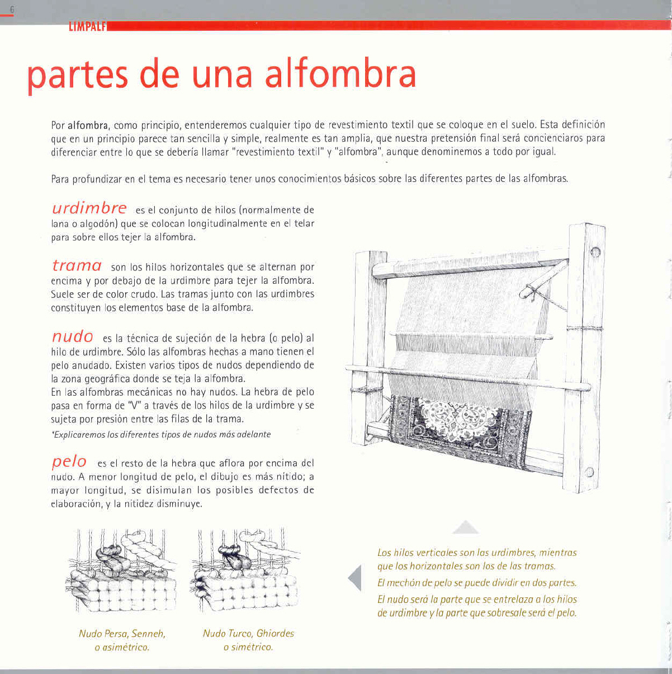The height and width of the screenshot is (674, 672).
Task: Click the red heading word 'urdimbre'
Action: [x=89, y=208]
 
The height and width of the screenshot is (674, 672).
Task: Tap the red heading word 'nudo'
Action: [x=72, y=336]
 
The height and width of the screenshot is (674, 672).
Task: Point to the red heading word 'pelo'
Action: [x=69, y=462]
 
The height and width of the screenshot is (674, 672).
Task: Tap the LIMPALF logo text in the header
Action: [x=87, y=26]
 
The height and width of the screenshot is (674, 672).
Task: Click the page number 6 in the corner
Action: [x=12, y=10]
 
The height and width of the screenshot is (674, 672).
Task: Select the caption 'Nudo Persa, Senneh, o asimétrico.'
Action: [x=122, y=640]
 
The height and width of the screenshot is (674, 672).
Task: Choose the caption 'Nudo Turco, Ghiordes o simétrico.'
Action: [x=248, y=640]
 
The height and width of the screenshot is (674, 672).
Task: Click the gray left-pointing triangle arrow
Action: [x=355, y=577]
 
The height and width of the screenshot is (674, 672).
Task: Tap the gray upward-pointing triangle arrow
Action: [x=465, y=527]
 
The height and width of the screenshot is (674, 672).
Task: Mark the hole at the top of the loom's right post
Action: [x=595, y=252]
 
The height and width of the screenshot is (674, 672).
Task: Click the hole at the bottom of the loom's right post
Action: [x=589, y=471]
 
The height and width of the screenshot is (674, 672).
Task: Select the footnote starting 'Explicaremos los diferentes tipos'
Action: [x=161, y=434]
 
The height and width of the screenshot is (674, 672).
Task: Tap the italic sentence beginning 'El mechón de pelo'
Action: [x=476, y=583]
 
